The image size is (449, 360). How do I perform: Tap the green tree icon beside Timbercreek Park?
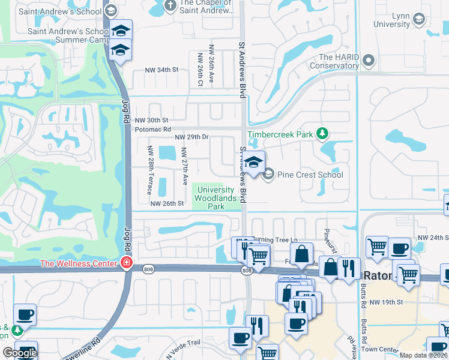(322, 133)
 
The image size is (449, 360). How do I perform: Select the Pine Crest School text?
(310, 175)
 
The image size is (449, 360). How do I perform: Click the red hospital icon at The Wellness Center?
(126, 263)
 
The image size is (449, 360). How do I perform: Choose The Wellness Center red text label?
(78, 263)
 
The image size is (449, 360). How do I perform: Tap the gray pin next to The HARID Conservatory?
(369, 61)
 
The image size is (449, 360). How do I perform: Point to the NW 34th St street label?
(162, 70)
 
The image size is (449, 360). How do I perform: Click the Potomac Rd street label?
(153, 129)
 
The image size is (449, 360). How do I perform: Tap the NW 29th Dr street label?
(191, 137)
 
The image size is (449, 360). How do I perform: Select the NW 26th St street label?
(167, 204)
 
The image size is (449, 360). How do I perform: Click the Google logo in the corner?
(20, 352)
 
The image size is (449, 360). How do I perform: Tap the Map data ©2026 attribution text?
(423, 355)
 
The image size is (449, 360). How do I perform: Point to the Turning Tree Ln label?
(275, 240)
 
